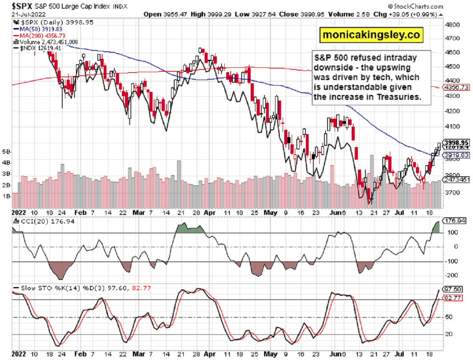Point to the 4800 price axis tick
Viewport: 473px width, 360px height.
[x=452, y=25]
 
